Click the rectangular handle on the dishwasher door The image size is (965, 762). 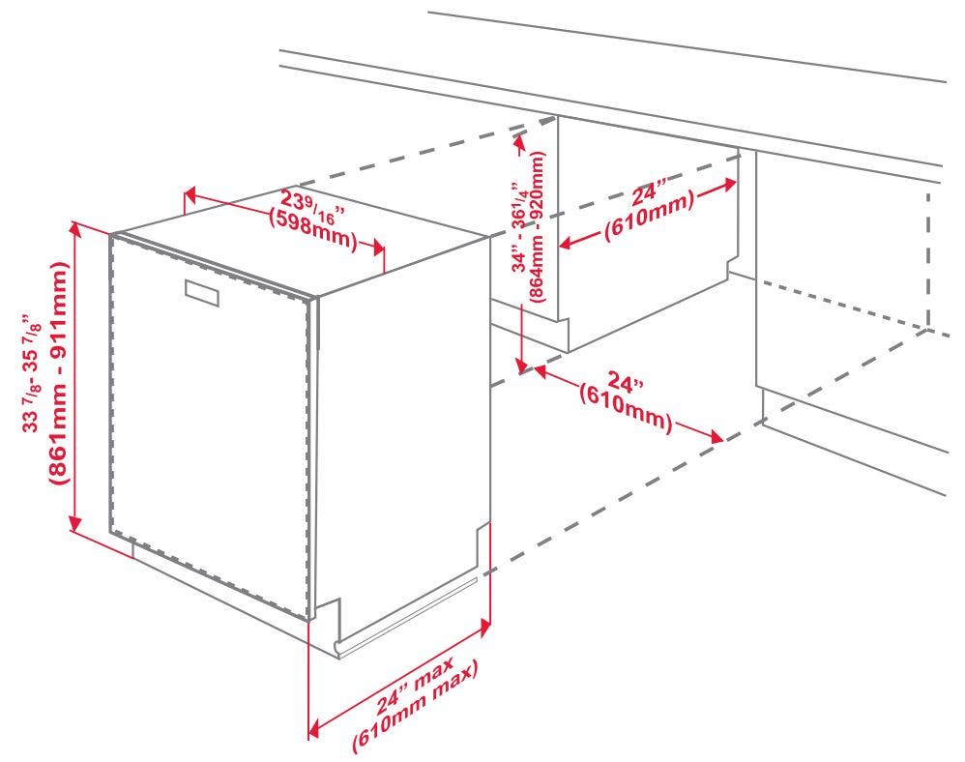click(x=202, y=292)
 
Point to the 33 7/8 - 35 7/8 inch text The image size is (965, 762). click(x=32, y=375)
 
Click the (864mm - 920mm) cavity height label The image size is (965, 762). click(x=537, y=226)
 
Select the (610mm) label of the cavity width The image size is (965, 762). click(x=649, y=216)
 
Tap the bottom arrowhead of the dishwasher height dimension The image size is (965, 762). click(x=75, y=523)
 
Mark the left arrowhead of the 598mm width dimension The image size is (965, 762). click(x=190, y=197)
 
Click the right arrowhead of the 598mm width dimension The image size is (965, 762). click(x=378, y=249)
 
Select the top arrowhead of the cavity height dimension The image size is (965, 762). click(x=519, y=143)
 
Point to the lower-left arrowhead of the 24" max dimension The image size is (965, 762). click(x=314, y=727)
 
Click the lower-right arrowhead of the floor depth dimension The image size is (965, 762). click(x=716, y=436)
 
